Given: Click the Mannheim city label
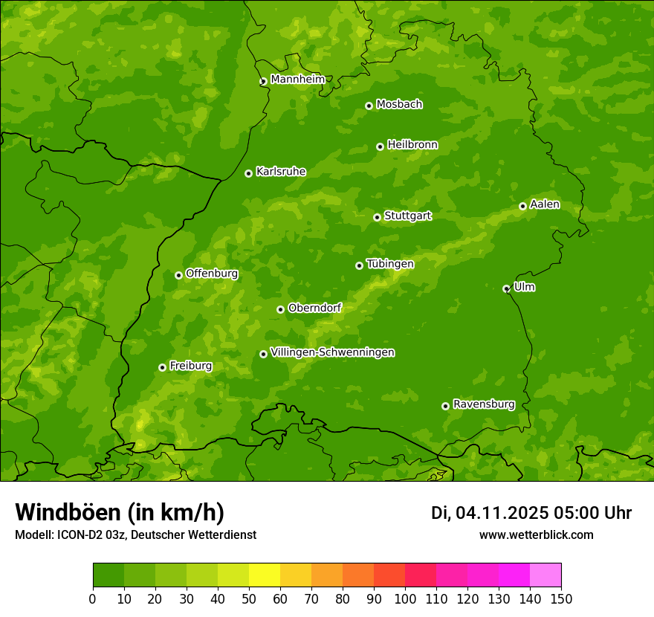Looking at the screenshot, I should pos(297,80).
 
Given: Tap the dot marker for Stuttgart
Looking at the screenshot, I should pos(377,217).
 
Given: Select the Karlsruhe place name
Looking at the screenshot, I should pos(280,172).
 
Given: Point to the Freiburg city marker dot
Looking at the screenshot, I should pos(162,367).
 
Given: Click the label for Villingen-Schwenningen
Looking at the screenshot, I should pos(332,352).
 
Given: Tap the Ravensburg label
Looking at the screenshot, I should pos(483,404).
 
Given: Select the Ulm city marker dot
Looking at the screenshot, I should pos(506,288).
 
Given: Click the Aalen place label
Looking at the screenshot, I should pos(544,204).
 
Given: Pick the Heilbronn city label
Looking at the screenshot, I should pos(412,145).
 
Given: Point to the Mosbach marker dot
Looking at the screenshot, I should pos(369,106).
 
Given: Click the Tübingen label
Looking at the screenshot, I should pos(389,264).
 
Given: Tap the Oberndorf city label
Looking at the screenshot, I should pos(314,308).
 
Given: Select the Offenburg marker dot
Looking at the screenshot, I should pos(178,275).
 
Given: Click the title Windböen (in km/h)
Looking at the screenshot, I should pos(120,512).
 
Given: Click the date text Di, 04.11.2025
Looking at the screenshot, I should pos(489,513).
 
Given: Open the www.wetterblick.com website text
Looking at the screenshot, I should pos(536,535).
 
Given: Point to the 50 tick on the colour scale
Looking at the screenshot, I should pos(249,598).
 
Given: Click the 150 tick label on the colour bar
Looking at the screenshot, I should pos(561,598).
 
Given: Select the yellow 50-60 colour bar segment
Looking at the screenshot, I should pos(265,575).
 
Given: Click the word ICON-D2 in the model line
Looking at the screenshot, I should pos(80,535).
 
